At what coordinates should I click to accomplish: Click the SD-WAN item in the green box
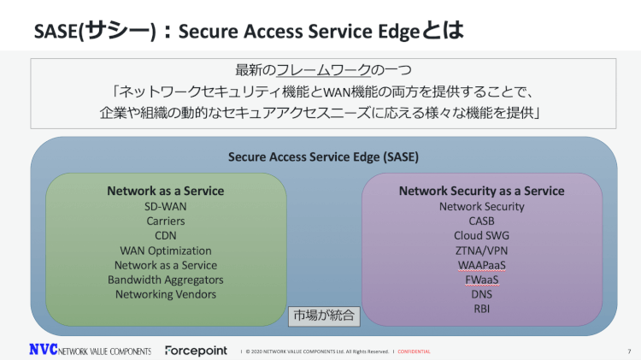[x=166, y=206]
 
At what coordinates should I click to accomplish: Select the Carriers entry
[x=166, y=221]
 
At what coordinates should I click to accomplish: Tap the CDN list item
[x=166, y=235]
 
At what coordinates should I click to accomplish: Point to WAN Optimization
[x=166, y=251]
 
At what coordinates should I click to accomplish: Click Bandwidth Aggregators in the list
[x=166, y=280]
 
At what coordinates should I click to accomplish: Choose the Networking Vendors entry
[x=166, y=294]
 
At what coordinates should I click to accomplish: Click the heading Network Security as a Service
[x=481, y=191]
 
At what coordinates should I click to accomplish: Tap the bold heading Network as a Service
[x=166, y=191]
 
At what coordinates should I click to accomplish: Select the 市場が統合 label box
[x=324, y=315]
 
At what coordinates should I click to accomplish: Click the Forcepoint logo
[x=197, y=351]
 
